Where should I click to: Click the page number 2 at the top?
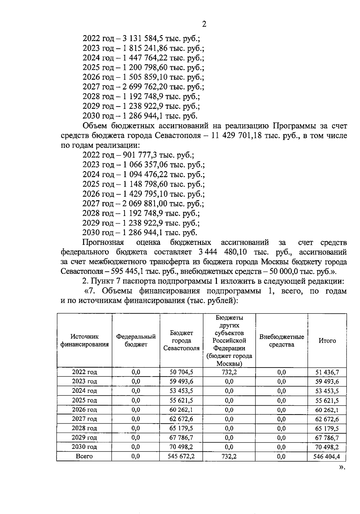204,24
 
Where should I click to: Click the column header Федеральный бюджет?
136,341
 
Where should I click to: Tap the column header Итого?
327,341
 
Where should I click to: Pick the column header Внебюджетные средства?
281,341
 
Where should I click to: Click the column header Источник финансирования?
84,341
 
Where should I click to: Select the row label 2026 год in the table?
84,410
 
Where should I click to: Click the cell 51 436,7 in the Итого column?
327,372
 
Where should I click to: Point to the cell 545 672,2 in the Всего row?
181,456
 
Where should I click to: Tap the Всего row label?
84,456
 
